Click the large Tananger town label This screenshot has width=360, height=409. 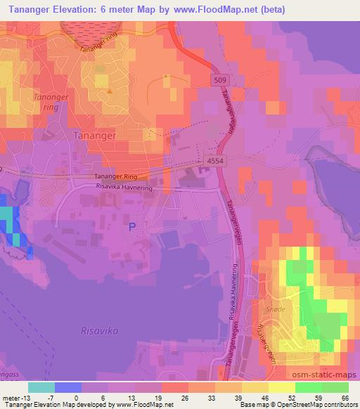click(96, 134)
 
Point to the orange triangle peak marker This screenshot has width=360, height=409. click(109, 91)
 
